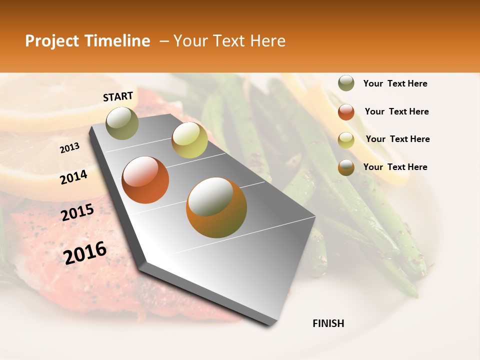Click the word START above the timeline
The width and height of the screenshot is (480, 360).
click(x=118, y=96)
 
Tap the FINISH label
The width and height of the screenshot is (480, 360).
click(x=328, y=323)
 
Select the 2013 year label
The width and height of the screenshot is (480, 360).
click(x=69, y=148)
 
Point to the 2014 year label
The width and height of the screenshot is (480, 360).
click(x=73, y=177)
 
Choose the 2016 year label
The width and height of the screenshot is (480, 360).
click(x=85, y=253)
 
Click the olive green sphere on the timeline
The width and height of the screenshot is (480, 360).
click(x=122, y=123)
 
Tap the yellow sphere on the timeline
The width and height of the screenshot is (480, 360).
click(x=189, y=140)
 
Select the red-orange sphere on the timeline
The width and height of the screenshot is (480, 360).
click(x=145, y=180)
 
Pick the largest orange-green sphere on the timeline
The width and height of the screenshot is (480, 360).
click(x=216, y=207)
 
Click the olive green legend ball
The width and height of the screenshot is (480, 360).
click(x=346, y=83)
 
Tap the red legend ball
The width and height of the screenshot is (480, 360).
click(x=346, y=112)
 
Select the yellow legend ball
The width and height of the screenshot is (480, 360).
click(x=346, y=139)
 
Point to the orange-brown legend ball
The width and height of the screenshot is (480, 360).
click(x=346, y=167)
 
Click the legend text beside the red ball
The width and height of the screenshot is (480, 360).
click(x=396, y=111)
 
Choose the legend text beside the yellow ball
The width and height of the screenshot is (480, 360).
click(x=397, y=139)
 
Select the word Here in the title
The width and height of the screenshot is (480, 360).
click(x=267, y=41)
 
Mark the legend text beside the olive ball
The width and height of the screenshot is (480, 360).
click(x=395, y=83)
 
